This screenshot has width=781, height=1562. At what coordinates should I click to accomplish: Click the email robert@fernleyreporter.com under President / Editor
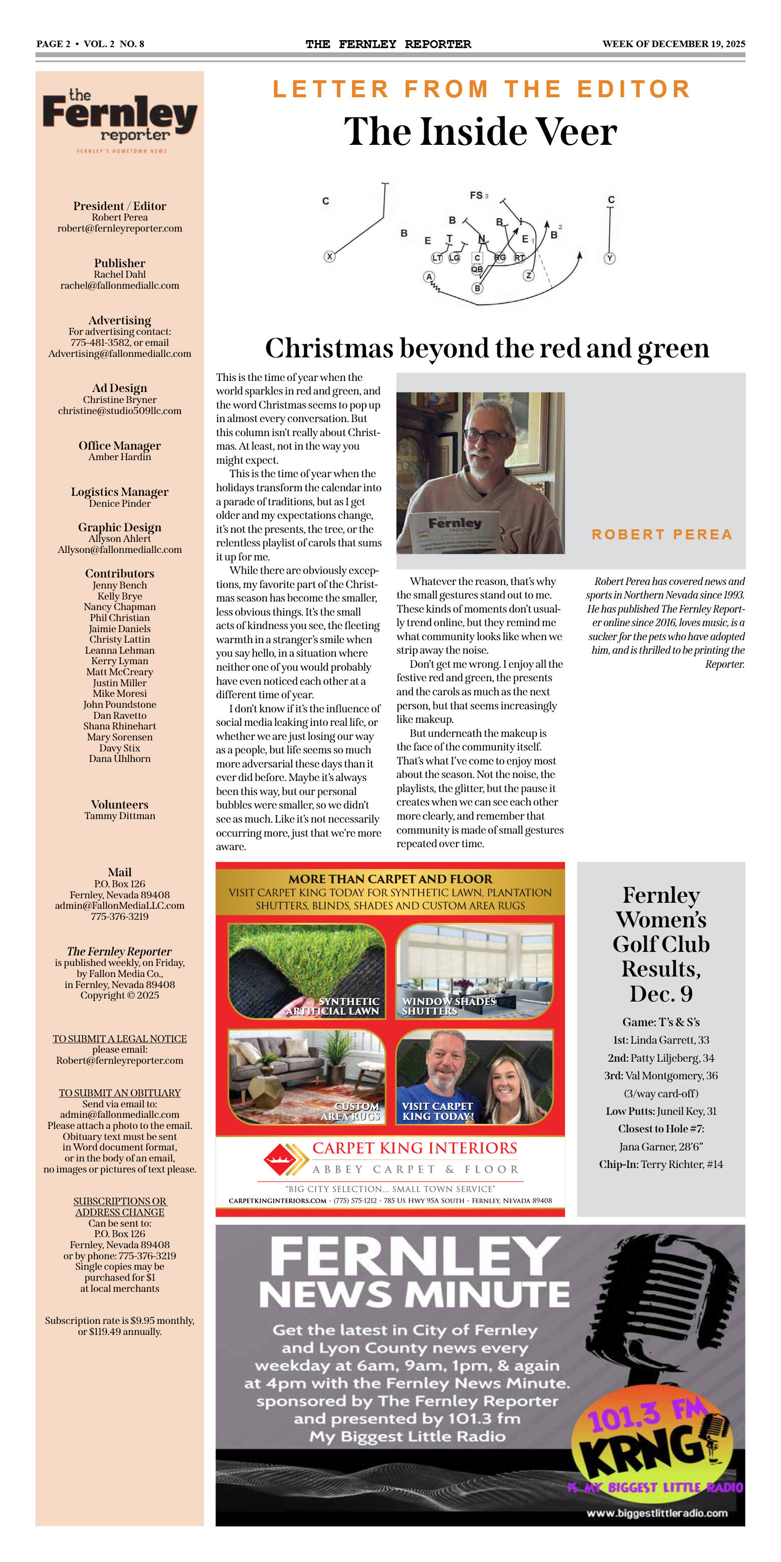pyautogui.click(x=119, y=229)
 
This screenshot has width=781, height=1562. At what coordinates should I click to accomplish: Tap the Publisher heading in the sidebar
pyautogui.click(x=119, y=263)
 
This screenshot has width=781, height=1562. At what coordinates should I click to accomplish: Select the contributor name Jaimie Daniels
pyautogui.click(x=119, y=629)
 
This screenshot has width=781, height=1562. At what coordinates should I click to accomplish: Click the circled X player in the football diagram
pyautogui.click(x=329, y=257)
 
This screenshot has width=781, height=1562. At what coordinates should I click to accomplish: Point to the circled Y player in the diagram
pyautogui.click(x=610, y=258)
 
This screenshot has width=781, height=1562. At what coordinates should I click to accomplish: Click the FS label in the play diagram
pyautogui.click(x=477, y=196)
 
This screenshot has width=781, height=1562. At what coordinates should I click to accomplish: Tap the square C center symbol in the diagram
pyautogui.click(x=477, y=258)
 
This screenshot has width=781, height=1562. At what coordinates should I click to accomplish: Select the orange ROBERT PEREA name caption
pyautogui.click(x=662, y=534)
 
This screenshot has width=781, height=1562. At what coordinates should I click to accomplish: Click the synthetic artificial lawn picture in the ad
pyautogui.click(x=307, y=971)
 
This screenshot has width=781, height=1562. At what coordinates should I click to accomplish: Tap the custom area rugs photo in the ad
pyautogui.click(x=307, y=1077)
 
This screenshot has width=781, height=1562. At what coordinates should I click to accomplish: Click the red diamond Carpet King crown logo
pyautogui.click(x=280, y=1159)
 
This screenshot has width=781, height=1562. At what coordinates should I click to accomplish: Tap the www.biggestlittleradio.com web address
pyautogui.click(x=657, y=1513)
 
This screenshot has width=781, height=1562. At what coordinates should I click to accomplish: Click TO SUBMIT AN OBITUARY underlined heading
pyautogui.click(x=119, y=1093)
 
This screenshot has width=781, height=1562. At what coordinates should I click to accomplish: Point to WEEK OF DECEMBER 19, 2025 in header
pyautogui.click(x=673, y=44)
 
